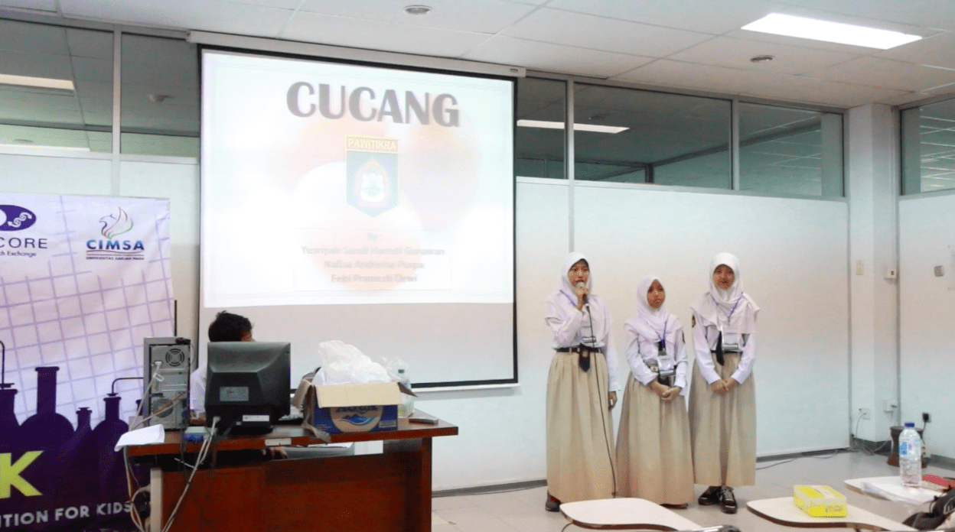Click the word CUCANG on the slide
click(373, 104)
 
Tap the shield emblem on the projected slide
click(372, 176)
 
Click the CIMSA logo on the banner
click(115, 235)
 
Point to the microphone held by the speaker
click(581, 288)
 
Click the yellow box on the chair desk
click(820, 501)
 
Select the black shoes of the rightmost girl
click(719, 498)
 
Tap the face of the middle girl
click(655, 294)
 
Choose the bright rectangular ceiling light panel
click(830, 31)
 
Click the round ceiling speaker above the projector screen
click(417, 10)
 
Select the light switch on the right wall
click(938, 270)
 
